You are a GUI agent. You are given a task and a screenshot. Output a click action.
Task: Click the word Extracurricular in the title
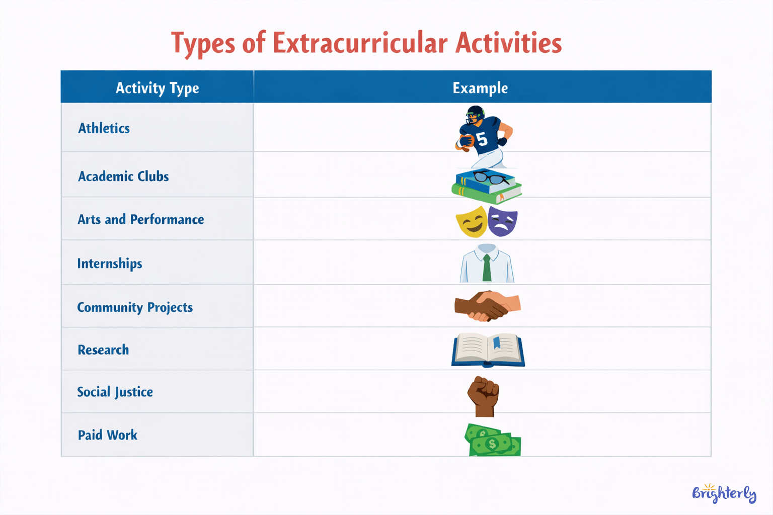[x=360, y=43]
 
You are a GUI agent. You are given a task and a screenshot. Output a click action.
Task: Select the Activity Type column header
[x=157, y=88]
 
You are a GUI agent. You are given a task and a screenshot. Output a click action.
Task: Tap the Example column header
[x=480, y=88]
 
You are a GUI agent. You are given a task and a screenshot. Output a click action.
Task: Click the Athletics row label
[x=104, y=128]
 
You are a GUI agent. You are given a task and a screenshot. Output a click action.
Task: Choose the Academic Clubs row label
[x=123, y=177]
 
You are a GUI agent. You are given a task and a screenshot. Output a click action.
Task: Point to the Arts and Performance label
[x=140, y=219]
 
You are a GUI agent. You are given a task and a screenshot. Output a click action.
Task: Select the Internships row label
[x=109, y=264]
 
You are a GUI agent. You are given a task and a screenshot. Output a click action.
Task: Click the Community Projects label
[x=134, y=307]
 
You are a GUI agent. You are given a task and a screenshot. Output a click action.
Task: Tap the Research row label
[x=103, y=350]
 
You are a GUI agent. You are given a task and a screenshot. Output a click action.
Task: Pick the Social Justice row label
[x=115, y=392]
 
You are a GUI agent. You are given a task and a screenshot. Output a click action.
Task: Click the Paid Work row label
[x=107, y=435]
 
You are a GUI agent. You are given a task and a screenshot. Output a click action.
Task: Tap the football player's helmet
[x=475, y=113]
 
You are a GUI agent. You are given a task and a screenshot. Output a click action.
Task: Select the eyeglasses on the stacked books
[x=490, y=177]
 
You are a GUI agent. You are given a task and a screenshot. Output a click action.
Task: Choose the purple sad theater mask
[x=502, y=222]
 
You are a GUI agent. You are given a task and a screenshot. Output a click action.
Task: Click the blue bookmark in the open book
[x=497, y=342]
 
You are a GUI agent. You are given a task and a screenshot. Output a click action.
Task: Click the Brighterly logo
[x=724, y=493]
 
